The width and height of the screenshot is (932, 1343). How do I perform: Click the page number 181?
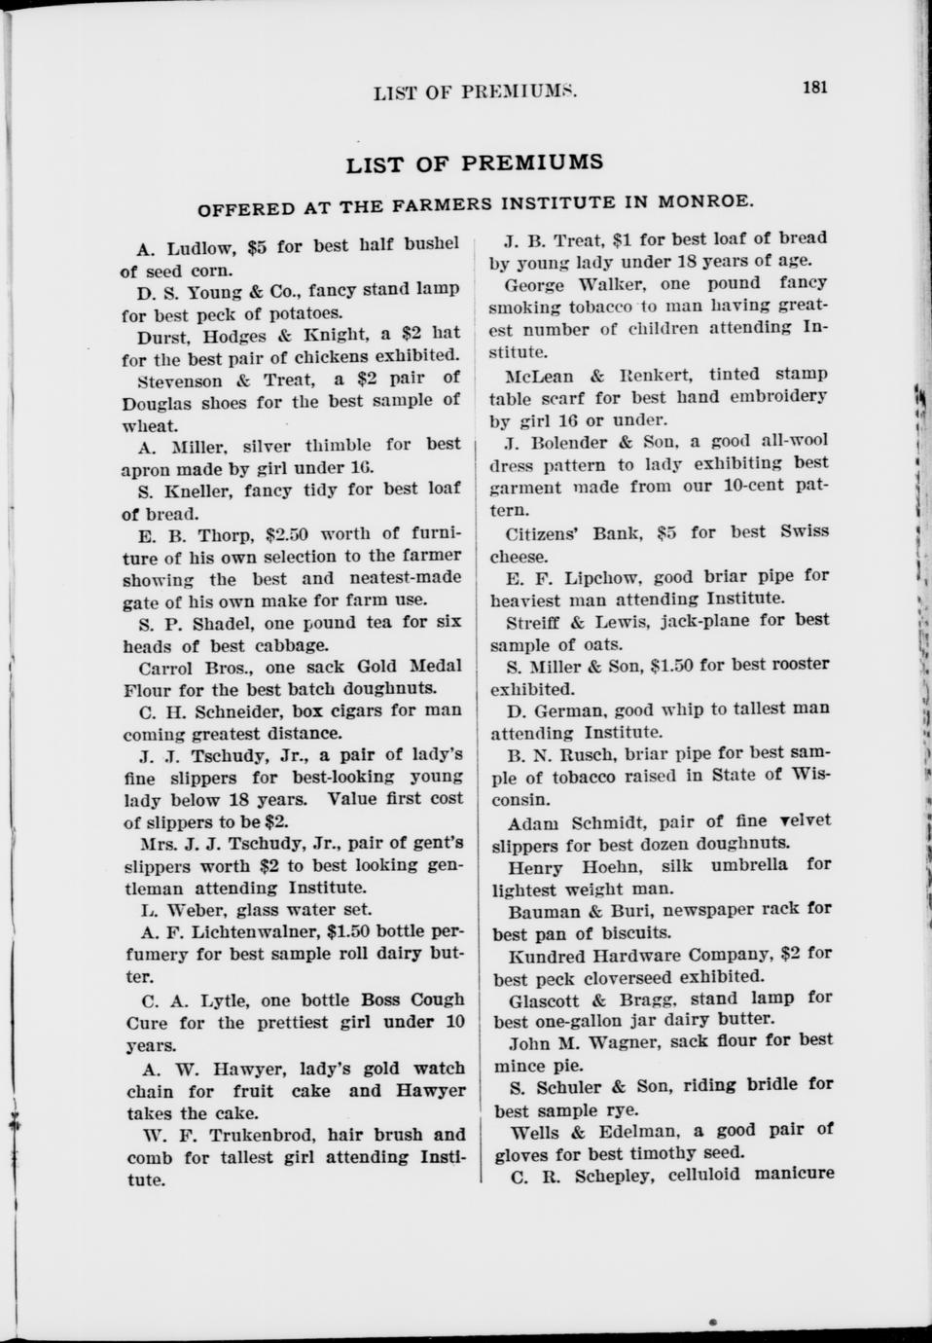814,87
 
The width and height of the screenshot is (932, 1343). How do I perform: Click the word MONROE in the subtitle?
705,202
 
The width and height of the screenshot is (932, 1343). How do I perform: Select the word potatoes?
305,313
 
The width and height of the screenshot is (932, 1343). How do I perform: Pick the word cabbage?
288,645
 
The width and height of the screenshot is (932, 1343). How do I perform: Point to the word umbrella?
748,864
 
